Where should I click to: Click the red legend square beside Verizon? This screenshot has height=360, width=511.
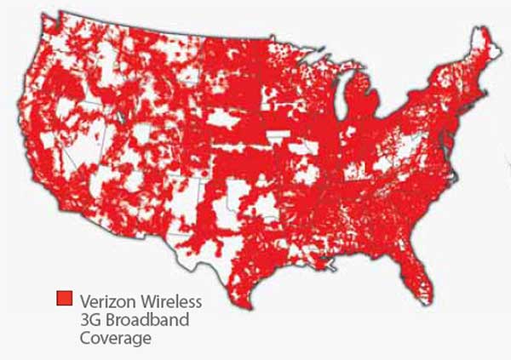point(64,300)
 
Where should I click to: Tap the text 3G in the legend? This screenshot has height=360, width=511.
point(89,319)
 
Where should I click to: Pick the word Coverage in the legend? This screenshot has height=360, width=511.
point(116,338)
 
